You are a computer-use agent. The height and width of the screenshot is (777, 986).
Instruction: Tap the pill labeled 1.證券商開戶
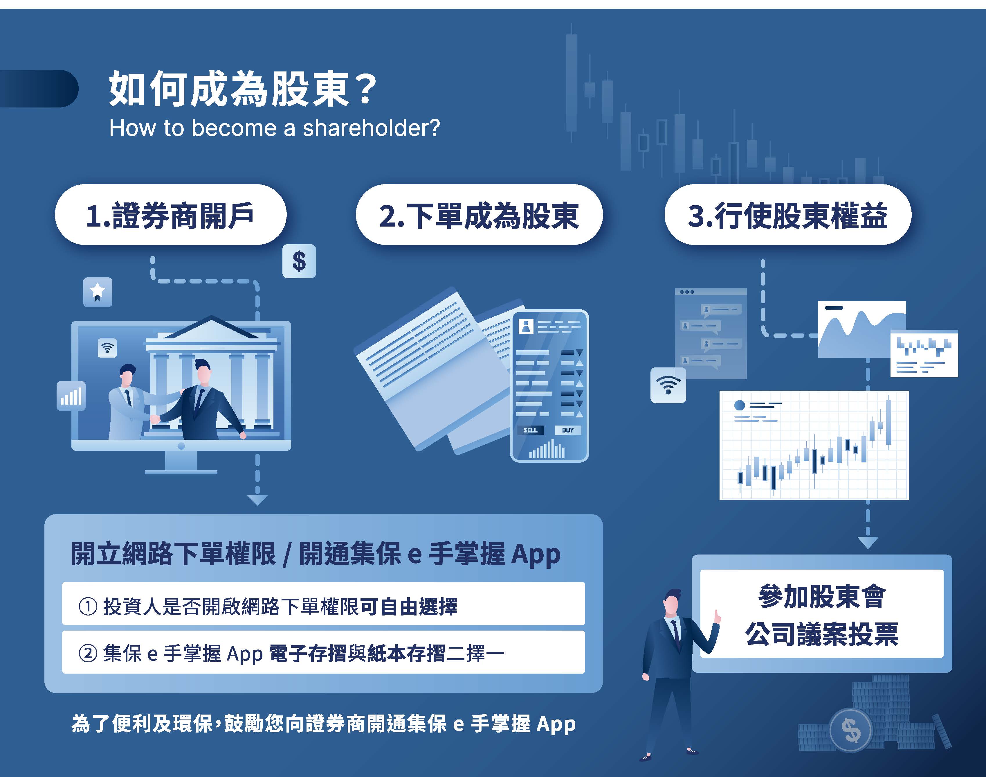170,215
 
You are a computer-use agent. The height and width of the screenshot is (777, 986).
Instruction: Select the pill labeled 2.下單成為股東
479,215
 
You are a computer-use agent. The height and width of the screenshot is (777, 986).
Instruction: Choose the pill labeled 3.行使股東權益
788,215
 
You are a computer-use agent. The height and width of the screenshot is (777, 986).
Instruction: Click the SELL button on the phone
530,430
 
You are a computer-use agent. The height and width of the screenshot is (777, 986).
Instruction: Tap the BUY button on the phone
568,430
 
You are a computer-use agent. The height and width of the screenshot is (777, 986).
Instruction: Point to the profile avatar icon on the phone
526,326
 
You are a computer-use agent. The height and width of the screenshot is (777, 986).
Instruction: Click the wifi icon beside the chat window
668,385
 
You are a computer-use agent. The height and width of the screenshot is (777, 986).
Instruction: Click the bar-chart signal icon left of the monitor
71,396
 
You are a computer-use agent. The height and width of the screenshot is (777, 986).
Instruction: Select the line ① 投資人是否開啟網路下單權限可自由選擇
268,606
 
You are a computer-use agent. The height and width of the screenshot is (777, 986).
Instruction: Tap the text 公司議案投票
822,634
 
